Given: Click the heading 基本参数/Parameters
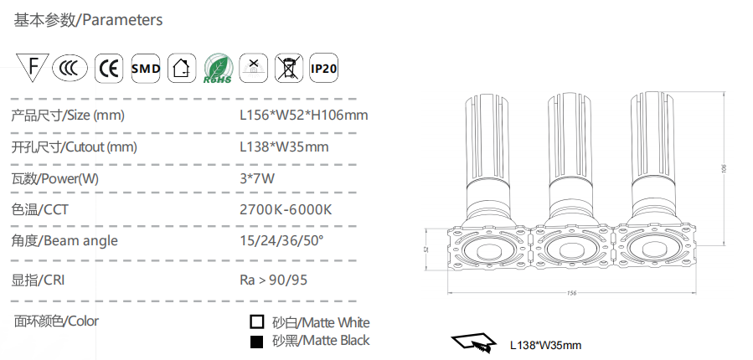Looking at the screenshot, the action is (88, 20).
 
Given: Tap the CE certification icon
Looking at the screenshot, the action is (109, 68).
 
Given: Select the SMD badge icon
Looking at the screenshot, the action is (146, 68).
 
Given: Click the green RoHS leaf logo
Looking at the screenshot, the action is (218, 69).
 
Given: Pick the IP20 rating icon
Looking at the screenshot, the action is (323, 68).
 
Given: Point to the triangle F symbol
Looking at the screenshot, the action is (32, 67).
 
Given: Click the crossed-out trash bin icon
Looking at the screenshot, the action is (289, 68).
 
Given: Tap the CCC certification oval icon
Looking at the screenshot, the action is (70, 68).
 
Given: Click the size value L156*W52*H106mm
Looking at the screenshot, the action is (304, 116).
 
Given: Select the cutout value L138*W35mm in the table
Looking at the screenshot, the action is (284, 147).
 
